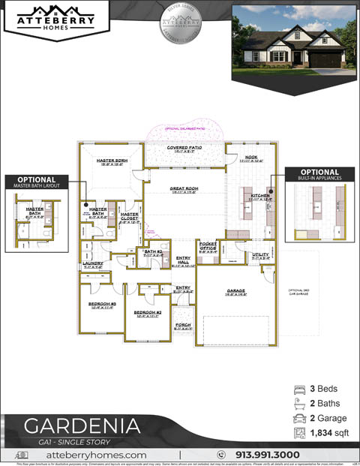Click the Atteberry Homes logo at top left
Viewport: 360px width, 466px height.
[x=57, y=19]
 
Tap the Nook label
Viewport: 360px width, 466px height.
[x=250, y=157]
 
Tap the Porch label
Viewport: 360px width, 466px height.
[x=183, y=325]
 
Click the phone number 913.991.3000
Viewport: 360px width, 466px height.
[x=267, y=455]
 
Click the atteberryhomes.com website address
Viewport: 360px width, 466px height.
[x=96, y=455]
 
